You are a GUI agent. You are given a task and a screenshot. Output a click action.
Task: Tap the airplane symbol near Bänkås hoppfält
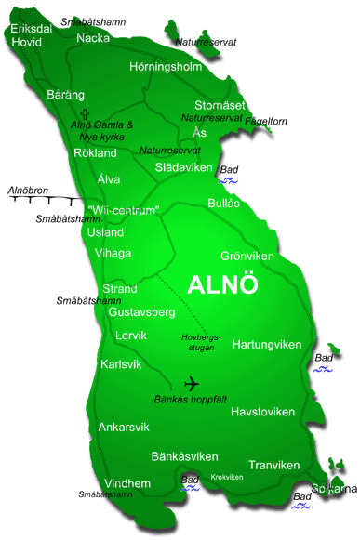pyautogui.click(x=192, y=383)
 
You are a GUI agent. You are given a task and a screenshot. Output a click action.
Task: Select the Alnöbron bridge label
pyautogui.click(x=27, y=191)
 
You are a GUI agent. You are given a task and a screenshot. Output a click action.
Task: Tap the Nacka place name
pyautogui.click(x=93, y=38)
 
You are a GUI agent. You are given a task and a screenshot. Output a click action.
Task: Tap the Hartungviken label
pyautogui.click(x=267, y=345)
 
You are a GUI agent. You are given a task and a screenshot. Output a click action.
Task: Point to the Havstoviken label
pyautogui.click(x=262, y=412)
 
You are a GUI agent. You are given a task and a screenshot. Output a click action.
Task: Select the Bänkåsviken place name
pyautogui.click(x=184, y=456)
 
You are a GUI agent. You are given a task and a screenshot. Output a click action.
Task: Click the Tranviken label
pyautogui.click(x=273, y=465)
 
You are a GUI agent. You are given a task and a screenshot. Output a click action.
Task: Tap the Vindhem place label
pyautogui.click(x=127, y=483)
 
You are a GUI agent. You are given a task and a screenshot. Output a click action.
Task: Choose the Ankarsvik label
pyautogui.click(x=122, y=428)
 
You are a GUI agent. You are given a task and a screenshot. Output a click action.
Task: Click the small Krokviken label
pyautogui.click(x=227, y=478)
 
